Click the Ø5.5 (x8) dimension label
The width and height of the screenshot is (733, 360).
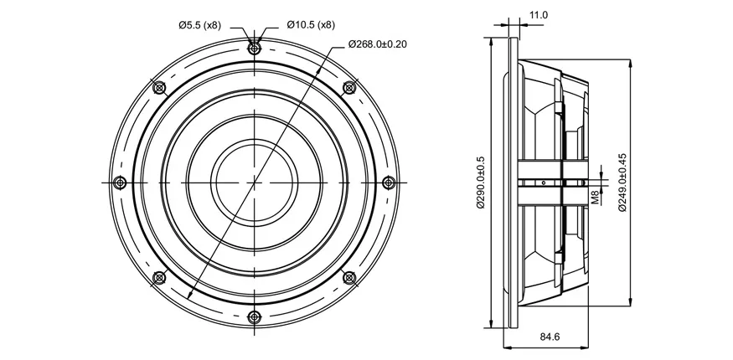click(x=199, y=25)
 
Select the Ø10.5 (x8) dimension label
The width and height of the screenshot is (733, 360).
click(x=311, y=25)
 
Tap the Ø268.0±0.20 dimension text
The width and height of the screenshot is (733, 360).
click(x=377, y=44)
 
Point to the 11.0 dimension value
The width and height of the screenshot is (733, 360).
click(x=538, y=15)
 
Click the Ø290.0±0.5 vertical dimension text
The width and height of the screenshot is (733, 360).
click(x=481, y=183)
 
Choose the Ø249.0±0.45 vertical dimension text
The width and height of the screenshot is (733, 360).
click(x=622, y=183)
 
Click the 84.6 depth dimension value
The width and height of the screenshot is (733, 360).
click(x=550, y=337)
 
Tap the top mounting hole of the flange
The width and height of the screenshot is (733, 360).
click(x=254, y=48)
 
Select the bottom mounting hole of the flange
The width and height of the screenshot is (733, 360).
click(x=254, y=317)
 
